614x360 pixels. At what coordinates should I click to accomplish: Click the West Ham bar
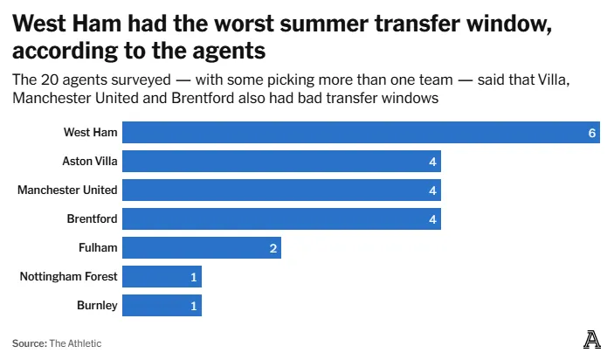[361, 133]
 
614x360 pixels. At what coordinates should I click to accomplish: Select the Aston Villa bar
[281, 162]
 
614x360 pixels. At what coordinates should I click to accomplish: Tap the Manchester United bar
[281, 190]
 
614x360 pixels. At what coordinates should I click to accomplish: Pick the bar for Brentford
[281, 219]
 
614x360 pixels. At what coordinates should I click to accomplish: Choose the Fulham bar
[201, 248]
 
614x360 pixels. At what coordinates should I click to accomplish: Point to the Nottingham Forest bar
[162, 277]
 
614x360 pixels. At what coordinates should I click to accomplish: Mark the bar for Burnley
[162, 306]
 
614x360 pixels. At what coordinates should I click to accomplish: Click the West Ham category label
[90, 133]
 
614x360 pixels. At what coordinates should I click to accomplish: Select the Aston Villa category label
[89, 162]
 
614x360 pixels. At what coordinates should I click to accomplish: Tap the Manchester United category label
[67, 190]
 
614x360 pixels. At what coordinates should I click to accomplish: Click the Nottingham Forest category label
[68, 277]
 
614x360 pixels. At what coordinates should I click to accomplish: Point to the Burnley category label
[97, 306]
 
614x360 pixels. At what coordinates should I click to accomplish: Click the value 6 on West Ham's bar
[592, 133]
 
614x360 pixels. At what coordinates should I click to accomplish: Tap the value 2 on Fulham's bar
[273, 248]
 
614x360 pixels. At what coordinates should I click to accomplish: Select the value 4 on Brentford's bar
[432, 219]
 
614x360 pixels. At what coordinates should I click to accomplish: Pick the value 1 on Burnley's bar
[194, 306]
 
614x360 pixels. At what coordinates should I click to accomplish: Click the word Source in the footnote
[29, 343]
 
